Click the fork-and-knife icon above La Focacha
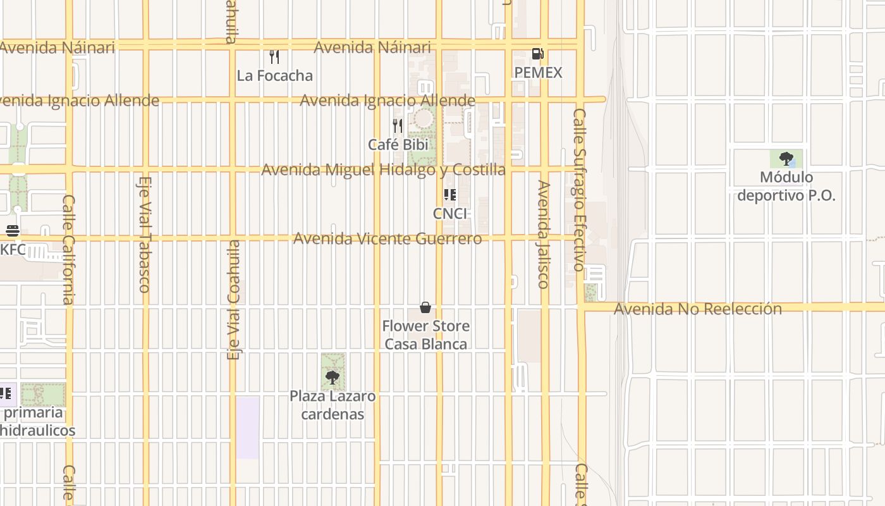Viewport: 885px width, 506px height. [274, 57]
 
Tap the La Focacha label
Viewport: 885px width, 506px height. [274, 75]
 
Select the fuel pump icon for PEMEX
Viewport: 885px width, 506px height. [537, 54]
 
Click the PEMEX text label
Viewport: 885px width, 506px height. [537, 73]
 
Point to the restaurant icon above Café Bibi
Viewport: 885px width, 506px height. [398, 126]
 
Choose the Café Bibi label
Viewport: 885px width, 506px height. [398, 144]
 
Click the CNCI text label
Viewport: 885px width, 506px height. [449, 214]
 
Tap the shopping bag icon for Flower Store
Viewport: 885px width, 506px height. [425, 307]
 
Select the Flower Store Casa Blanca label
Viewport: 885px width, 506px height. [425, 335]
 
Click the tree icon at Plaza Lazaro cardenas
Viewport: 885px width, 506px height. [332, 378]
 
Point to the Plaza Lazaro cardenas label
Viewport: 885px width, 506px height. [332, 405]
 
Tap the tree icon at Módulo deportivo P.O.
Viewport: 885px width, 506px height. [786, 158]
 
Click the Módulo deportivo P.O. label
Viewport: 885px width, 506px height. [786, 186]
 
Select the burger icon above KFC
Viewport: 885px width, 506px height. [12, 231]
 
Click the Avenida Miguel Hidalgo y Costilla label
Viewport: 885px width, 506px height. [383, 170]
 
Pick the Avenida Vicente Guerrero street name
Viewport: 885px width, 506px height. [387, 238]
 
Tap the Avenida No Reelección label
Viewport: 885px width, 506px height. [697, 309]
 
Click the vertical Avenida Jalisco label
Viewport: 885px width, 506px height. [543, 234]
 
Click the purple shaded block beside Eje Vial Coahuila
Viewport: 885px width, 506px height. [248, 428]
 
